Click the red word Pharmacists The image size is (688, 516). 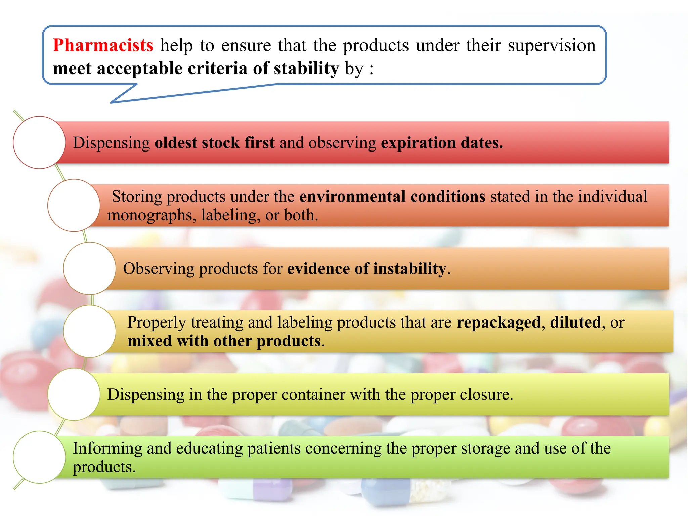(x=103, y=45)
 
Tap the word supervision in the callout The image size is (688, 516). (x=551, y=45)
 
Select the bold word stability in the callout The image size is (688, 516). (x=306, y=69)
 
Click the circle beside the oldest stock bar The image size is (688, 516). (x=39, y=142)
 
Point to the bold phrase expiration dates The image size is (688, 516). (x=441, y=143)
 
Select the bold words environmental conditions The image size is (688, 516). (x=392, y=197)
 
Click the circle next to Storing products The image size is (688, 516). (x=74, y=205)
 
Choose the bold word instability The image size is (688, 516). (x=410, y=269)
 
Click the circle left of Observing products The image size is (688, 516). (x=90, y=268)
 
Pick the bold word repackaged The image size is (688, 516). (x=499, y=322)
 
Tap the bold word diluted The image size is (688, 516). (x=575, y=322)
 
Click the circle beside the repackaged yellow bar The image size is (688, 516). (x=90, y=331)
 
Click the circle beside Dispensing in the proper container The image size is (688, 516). (x=74, y=394)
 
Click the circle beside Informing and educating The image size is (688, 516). (x=39, y=457)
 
